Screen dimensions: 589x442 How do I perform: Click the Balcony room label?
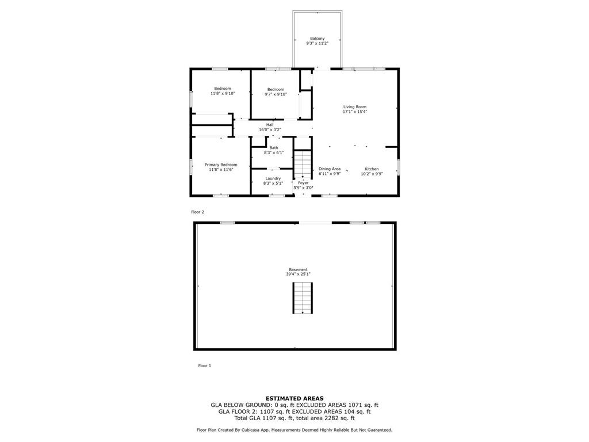(318, 39)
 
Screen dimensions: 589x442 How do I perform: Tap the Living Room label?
(354, 106)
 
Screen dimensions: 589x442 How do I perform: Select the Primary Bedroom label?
(221, 165)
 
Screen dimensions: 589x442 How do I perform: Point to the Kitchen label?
(372, 169)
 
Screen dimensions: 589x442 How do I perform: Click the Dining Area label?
(330, 169)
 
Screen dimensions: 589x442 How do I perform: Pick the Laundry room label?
(273, 178)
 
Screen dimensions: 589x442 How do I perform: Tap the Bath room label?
(274, 148)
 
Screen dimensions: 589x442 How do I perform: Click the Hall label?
(270, 125)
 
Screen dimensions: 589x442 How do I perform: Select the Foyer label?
(303, 183)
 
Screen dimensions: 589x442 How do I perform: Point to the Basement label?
(299, 269)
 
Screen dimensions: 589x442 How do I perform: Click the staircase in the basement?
(303, 298)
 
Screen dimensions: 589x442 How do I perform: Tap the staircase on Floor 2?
(303, 164)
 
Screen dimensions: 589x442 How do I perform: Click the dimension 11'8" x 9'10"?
(223, 94)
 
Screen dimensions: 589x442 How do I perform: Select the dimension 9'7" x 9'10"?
(276, 94)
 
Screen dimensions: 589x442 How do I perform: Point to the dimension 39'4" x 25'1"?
(299, 275)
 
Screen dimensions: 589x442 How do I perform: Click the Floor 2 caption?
(198, 212)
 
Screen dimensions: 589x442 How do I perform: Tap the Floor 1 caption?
(205, 365)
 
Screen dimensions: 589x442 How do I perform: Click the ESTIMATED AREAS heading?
(294, 398)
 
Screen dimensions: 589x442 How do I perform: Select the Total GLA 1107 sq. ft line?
(294, 418)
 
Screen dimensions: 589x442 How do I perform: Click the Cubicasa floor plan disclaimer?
(294, 430)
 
